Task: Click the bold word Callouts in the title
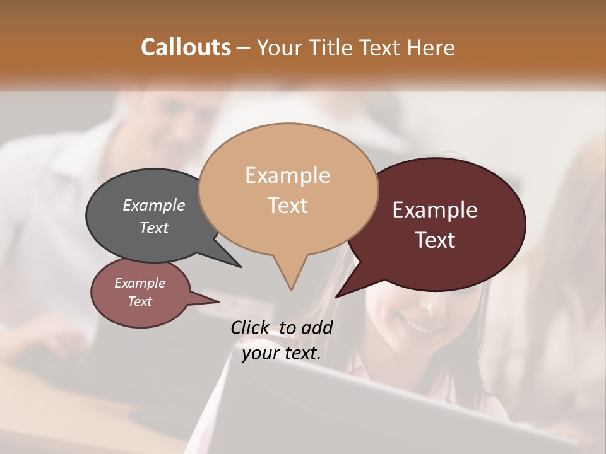point(186,47)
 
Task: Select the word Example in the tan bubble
point(287,175)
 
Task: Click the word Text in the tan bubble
point(287,205)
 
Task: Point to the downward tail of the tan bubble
point(290,281)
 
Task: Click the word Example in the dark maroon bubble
point(435,210)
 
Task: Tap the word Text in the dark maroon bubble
point(435,240)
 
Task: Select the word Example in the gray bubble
point(153,205)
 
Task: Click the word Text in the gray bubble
point(153,228)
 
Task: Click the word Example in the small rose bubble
point(140,283)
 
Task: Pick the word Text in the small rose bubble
point(140,301)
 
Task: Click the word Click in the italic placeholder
point(250,327)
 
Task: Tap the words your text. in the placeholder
point(281,353)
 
